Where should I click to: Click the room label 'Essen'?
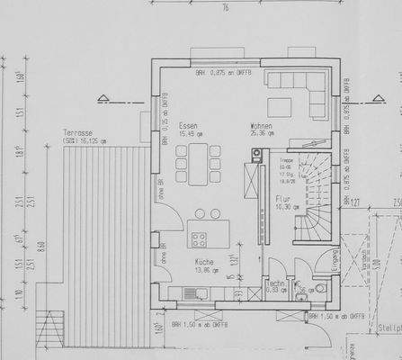pos(188,125)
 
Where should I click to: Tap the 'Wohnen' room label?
pos(262,125)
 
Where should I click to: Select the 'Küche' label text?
pos(204,261)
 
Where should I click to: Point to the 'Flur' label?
pos(283,199)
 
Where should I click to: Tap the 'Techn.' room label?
pos(276,283)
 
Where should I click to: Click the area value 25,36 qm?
pos(264,134)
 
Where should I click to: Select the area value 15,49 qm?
pos(190,134)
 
